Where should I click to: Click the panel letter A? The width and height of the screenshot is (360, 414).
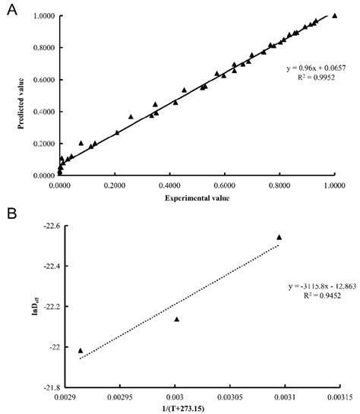[11, 13]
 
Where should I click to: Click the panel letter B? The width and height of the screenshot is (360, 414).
[11, 216]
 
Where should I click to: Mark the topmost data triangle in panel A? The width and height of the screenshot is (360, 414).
[334, 15]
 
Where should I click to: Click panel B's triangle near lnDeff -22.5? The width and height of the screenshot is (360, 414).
[279, 237]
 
